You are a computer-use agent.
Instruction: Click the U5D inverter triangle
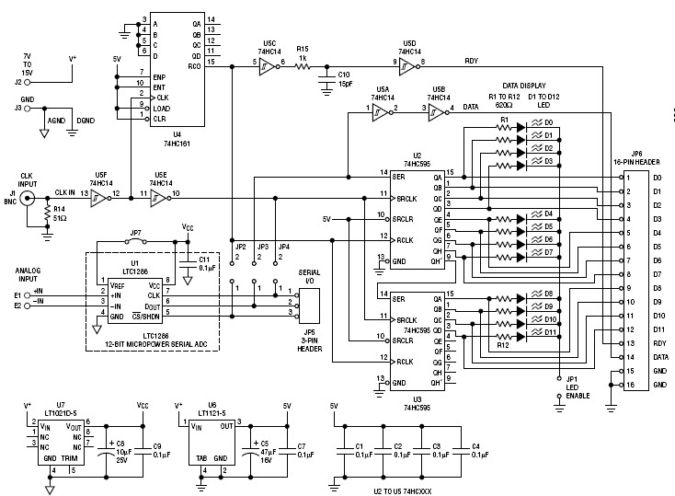coord(409,63)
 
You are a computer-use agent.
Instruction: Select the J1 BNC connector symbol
coord(30,197)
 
